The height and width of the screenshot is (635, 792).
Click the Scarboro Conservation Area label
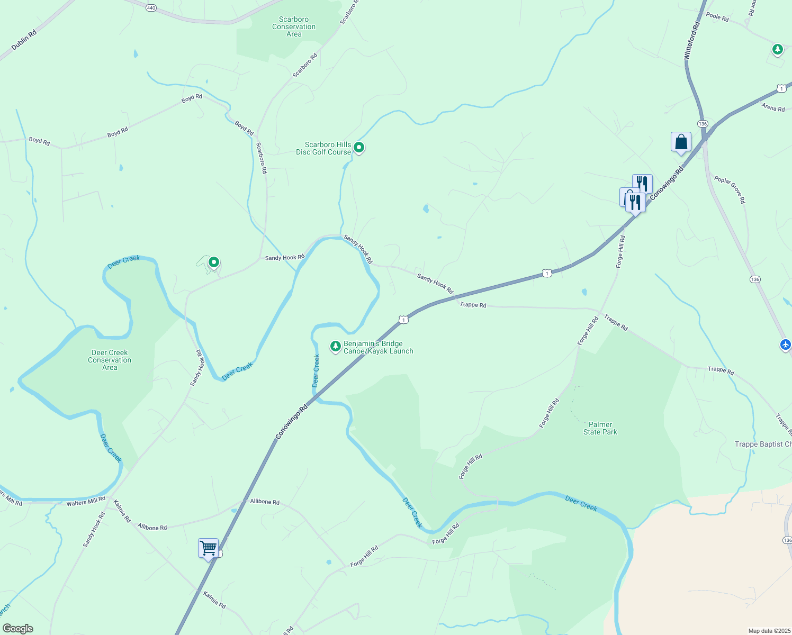(294, 27)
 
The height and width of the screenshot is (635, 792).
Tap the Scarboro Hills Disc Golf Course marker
(359, 147)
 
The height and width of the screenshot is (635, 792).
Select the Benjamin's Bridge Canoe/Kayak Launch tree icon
(335, 347)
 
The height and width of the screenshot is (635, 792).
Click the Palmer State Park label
(600, 428)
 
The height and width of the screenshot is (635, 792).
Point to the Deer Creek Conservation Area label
(110, 360)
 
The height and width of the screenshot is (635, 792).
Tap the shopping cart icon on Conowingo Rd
(208, 548)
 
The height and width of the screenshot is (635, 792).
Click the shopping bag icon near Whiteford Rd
(681, 142)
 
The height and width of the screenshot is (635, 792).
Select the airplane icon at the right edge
(786, 344)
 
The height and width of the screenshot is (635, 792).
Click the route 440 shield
(151, 8)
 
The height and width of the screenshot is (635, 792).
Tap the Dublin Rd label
(24, 40)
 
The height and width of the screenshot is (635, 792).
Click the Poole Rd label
(717, 17)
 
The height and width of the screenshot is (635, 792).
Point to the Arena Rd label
(773, 108)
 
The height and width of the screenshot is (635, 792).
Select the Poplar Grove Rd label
(730, 189)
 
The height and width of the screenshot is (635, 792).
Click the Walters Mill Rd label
(86, 501)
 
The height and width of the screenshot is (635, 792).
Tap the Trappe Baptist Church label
(763, 444)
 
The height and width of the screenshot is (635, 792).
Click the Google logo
(17, 629)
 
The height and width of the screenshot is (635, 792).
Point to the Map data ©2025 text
(769, 631)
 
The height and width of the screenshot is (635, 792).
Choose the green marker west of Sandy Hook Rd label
(214, 262)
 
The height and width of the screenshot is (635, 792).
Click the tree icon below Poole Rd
(777, 50)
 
